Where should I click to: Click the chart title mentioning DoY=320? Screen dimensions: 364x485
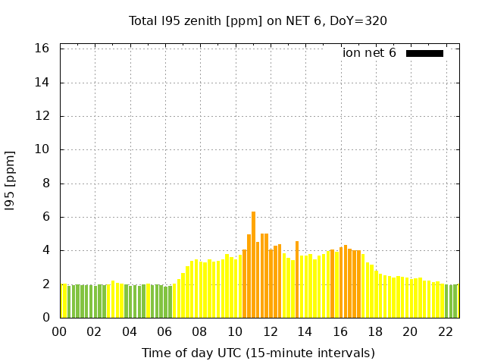pos(258,20)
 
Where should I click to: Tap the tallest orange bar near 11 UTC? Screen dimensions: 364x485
pos(253,265)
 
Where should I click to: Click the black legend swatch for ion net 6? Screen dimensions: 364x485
pos(424,53)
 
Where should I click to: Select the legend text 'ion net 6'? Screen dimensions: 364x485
pos(369,53)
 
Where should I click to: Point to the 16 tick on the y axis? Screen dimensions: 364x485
pos(42,49)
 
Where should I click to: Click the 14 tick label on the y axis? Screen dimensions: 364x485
pos(42,83)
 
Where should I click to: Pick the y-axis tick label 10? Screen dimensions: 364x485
pos(42,149)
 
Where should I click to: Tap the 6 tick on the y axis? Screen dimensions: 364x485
pos(45,217)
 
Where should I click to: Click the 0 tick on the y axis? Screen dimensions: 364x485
pos(45,318)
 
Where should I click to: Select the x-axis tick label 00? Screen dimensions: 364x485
pos(59,331)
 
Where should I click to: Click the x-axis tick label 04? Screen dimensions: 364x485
pos(129,331)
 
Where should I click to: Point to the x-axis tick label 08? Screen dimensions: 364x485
pos(199,331)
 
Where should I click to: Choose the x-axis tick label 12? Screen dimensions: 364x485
pos(269,331)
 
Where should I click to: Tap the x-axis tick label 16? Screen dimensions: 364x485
pos(339,331)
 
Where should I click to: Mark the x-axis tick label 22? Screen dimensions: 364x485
pos(445,331)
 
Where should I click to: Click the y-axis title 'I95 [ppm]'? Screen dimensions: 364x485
pos(11,183)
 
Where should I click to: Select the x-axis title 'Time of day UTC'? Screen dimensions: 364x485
pos(258,353)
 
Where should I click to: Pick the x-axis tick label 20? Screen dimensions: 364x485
pos(409,331)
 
